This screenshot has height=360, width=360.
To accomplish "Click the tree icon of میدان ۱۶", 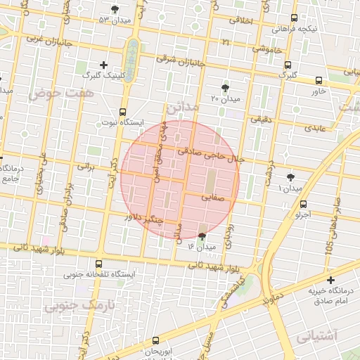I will [203, 236].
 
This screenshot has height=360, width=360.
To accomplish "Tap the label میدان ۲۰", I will [225, 99].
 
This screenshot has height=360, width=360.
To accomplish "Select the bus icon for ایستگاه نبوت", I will [124, 111].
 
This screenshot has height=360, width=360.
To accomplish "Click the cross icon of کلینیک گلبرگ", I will [104, 65].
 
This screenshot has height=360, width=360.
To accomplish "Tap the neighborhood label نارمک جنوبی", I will [77, 307].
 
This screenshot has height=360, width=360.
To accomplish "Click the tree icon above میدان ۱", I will [290, 177].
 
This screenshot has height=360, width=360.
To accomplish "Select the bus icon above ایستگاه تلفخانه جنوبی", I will [98, 264].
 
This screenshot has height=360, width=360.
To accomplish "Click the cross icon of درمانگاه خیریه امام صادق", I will [330, 280].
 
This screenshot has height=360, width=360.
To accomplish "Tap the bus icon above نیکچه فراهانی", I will [294, 18].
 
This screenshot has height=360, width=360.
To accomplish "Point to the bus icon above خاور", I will [319, 80].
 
